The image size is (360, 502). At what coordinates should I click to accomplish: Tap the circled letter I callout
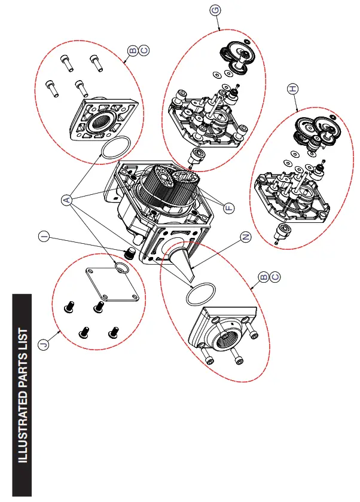[x=43, y=237]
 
